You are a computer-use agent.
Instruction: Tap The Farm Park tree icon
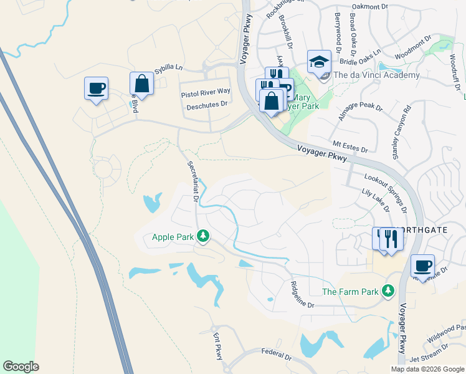coord(388,290)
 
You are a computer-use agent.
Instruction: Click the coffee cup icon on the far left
coord(96,89)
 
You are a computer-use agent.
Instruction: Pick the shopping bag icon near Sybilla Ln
coord(141,84)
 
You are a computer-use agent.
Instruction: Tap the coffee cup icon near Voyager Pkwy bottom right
coord(422,266)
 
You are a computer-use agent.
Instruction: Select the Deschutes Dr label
coord(207,105)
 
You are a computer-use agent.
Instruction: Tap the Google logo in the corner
coord(21,367)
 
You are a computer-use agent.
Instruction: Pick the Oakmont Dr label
coord(370,6)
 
